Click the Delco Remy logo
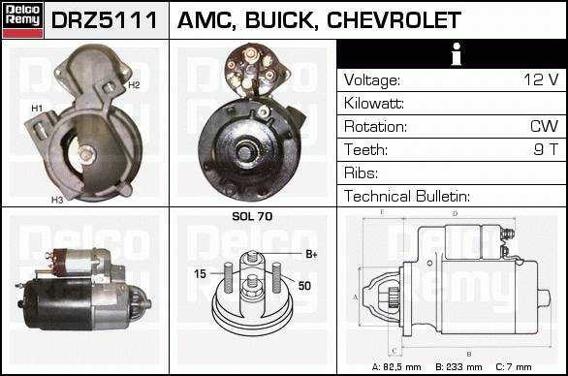[x=22, y=20]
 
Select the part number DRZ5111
[x=105, y=20]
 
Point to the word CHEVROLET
[x=394, y=20]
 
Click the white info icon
[x=457, y=54]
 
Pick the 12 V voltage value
[x=541, y=79]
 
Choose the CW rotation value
[x=544, y=126]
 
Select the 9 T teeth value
[x=547, y=149]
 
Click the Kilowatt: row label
[x=374, y=104]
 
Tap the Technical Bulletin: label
[x=407, y=196]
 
